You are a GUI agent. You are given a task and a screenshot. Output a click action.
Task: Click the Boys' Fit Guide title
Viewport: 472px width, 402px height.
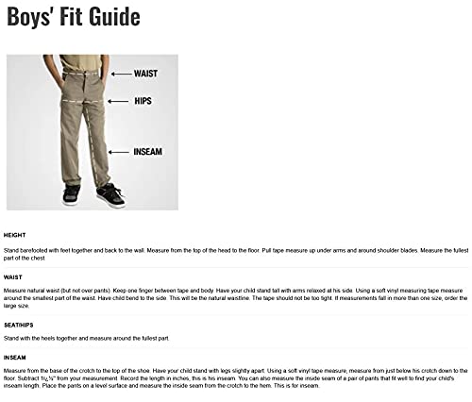(73, 18)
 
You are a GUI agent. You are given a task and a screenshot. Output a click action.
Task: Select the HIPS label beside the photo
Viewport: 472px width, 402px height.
(135, 100)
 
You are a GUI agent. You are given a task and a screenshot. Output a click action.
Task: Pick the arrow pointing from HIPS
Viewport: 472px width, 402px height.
(116, 100)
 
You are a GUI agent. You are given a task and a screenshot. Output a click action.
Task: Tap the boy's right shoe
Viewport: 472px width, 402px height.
(71, 195)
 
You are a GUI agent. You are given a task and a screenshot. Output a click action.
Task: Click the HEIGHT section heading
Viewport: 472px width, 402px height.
(14, 234)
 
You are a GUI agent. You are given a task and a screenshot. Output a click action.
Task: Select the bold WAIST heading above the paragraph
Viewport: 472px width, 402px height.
(12, 276)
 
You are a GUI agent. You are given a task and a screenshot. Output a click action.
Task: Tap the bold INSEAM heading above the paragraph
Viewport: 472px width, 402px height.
(14, 358)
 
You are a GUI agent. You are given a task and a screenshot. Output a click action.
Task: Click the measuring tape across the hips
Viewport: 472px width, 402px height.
(79, 101)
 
